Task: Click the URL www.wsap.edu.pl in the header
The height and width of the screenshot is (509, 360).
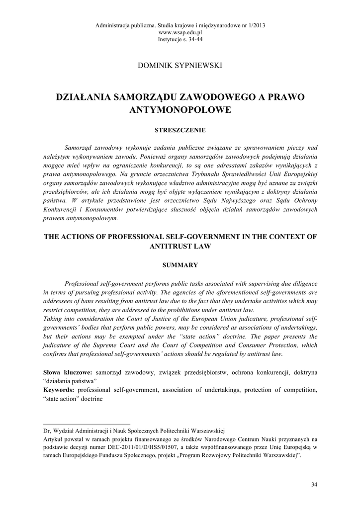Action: point(180,32)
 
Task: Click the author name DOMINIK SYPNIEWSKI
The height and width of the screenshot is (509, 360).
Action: point(180,65)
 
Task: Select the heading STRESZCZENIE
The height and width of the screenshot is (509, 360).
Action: point(180,130)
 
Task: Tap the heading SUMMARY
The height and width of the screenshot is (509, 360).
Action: point(180,265)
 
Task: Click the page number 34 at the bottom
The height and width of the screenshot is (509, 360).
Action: point(313,484)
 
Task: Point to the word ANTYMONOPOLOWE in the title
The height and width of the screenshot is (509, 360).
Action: point(180,109)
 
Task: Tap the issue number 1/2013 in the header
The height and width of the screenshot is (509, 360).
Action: point(254,25)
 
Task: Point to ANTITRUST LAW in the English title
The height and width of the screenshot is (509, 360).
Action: point(180,246)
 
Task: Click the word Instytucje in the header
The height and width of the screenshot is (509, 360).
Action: point(171,38)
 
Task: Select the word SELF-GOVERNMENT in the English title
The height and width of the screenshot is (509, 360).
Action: point(197,237)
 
